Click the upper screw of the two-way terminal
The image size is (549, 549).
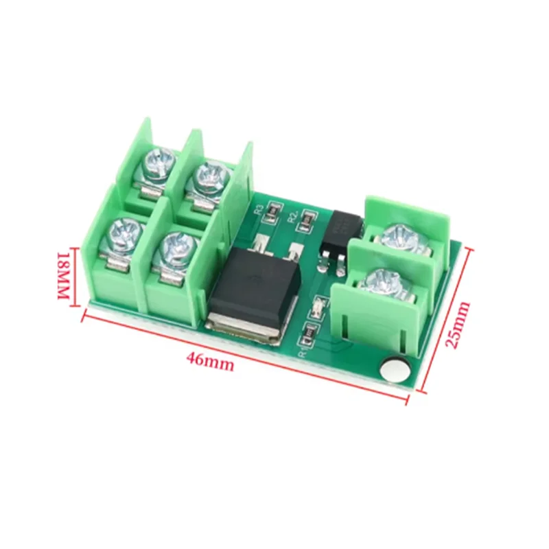coord(399,237)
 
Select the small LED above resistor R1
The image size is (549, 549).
coord(318,311)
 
